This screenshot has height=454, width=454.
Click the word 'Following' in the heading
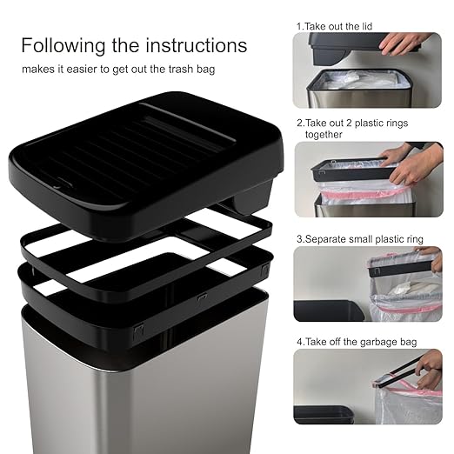60,45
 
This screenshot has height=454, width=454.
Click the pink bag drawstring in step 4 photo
383,380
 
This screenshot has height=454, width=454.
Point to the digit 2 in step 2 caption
300,124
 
